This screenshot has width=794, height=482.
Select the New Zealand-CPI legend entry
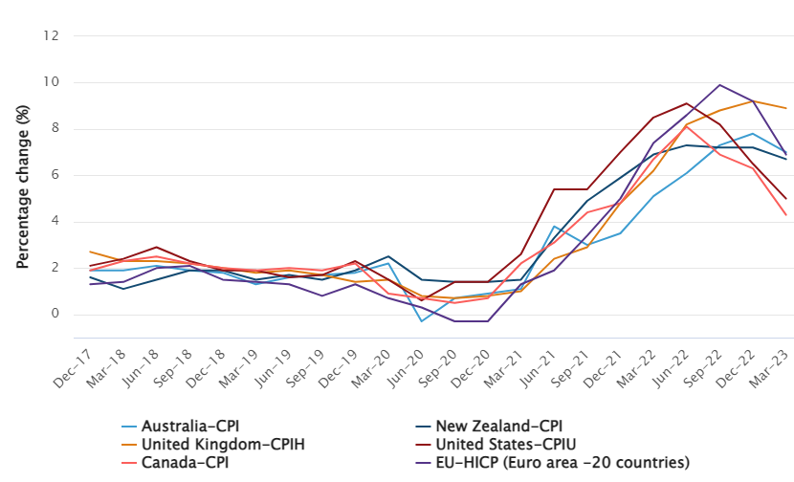pos(497,427)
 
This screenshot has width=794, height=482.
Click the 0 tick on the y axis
pos(55,315)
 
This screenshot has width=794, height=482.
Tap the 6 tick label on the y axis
pos(55,175)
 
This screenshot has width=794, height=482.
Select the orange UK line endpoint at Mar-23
pos(786,108)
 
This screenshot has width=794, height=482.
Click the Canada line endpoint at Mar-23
pos(786,215)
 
